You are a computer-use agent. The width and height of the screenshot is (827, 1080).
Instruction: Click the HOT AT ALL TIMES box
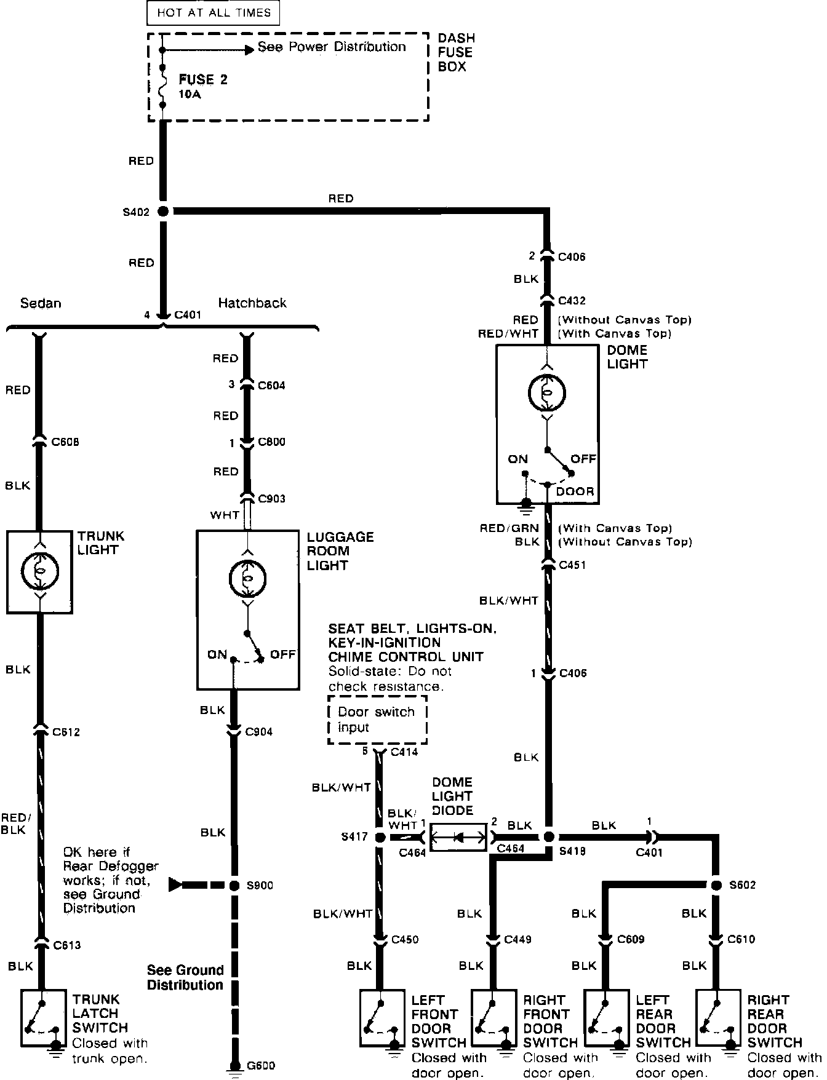[214, 12]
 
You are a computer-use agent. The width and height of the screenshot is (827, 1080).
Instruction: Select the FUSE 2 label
[203, 80]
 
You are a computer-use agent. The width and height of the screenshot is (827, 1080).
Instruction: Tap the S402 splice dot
[163, 211]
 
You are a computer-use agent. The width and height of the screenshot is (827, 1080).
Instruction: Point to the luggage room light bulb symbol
[247, 579]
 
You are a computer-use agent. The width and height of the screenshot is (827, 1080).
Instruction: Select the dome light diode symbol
[458, 837]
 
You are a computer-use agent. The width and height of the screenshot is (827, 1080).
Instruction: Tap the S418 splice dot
[548, 837]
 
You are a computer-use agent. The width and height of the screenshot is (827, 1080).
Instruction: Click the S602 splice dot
[716, 885]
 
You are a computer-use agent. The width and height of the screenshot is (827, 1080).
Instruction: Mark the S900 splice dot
[234, 886]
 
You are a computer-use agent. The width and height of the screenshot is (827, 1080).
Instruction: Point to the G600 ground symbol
[234, 1067]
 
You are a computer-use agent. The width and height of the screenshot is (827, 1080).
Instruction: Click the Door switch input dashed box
[377, 720]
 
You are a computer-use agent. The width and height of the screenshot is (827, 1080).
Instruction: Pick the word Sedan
[41, 303]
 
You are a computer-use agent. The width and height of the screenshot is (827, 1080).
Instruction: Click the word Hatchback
[252, 303]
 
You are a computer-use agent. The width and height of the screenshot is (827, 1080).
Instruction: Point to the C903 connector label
[271, 498]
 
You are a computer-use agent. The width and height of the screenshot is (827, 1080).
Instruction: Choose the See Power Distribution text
[332, 47]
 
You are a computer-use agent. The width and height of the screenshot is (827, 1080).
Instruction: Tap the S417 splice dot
[380, 837]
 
